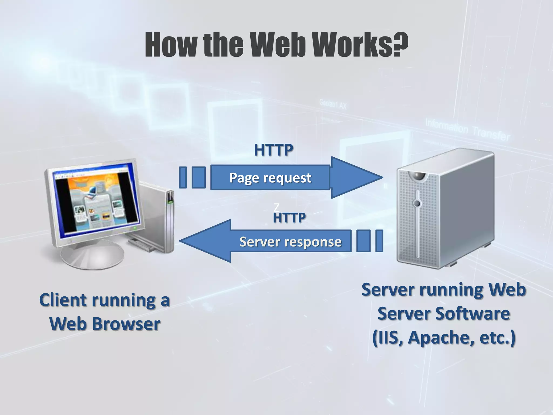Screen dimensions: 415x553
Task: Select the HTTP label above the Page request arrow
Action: coord(274,150)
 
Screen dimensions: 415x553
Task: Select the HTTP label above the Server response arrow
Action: coord(289,218)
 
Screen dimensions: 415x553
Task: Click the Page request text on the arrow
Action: coord(270,178)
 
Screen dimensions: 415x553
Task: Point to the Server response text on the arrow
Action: coord(290,242)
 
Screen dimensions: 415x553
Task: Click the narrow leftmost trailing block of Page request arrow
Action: coord(183,177)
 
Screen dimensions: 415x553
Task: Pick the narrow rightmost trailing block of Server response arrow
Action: coord(379,241)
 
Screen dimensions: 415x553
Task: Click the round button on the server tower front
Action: coord(417,203)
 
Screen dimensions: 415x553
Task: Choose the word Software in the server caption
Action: coord(473,314)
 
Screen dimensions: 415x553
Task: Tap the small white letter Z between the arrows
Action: coord(276,207)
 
